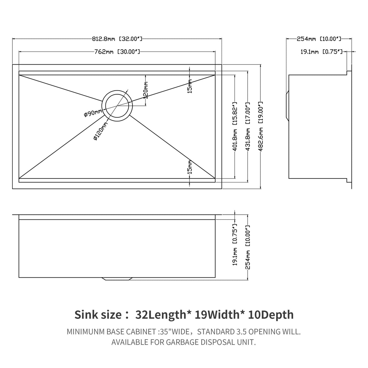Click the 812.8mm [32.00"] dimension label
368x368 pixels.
(x=117, y=39)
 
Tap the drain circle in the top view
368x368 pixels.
(x=117, y=105)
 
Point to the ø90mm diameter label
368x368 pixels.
(x=93, y=113)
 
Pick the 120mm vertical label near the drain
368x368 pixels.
(x=146, y=91)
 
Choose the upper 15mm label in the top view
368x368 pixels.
(x=190, y=86)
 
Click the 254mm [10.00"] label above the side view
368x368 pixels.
(x=319, y=39)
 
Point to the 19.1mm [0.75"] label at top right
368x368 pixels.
(x=322, y=52)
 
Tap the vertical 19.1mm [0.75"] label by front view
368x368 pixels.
(x=235, y=245)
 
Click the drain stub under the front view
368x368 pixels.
(x=117, y=279)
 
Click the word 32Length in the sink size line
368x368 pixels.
(x=161, y=315)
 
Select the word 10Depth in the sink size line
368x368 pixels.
(x=271, y=315)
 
